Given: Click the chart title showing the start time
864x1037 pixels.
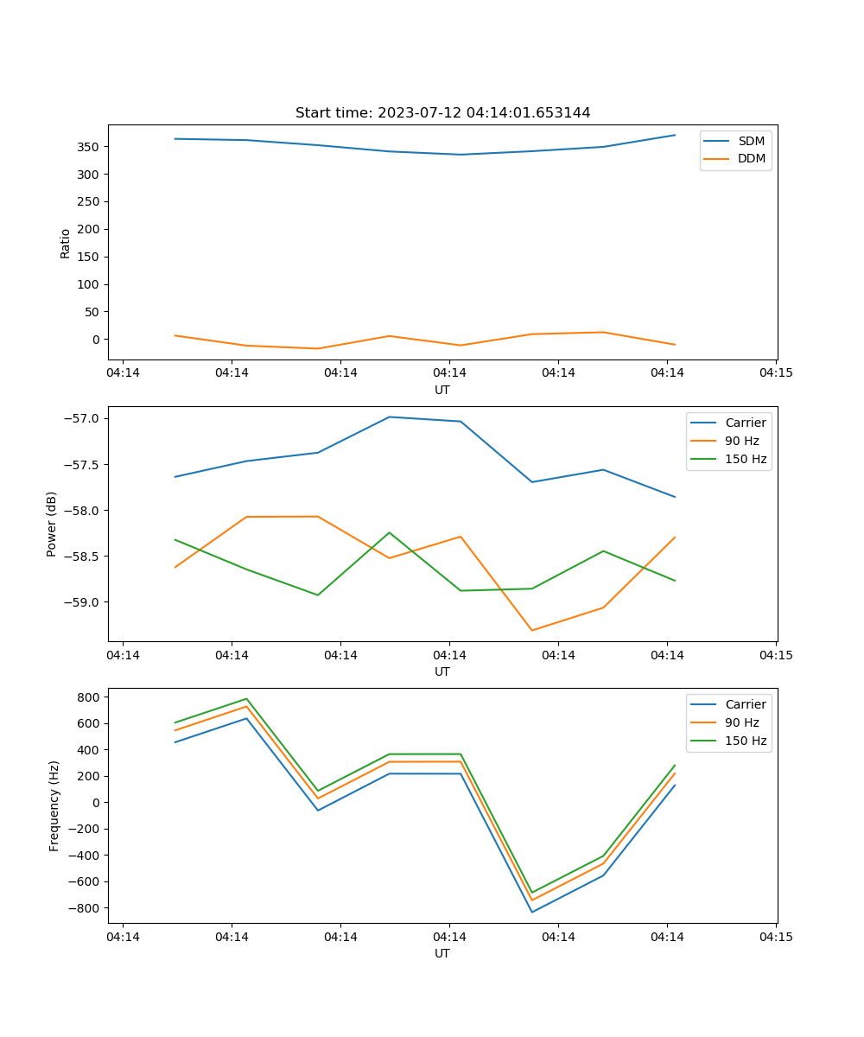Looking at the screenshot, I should click(x=442, y=113).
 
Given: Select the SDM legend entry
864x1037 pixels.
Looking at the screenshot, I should click(x=751, y=141).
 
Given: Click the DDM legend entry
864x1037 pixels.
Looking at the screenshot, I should click(x=751, y=159).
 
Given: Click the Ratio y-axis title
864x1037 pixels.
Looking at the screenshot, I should click(x=66, y=243).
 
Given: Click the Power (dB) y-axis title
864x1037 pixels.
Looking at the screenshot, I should click(x=52, y=524).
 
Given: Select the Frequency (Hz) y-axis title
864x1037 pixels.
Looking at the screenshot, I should click(x=54, y=805).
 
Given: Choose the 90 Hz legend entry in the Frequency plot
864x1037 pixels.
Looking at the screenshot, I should click(x=741, y=722).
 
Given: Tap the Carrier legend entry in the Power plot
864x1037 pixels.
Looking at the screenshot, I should click(x=745, y=423).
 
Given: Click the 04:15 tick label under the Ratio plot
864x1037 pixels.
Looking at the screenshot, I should click(x=775, y=373).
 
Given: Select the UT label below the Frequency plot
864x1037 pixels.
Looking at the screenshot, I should click(x=442, y=953).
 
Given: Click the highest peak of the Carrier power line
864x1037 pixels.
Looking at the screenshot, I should click(x=390, y=417).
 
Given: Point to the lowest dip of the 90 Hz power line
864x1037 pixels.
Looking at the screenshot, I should click(x=532, y=630).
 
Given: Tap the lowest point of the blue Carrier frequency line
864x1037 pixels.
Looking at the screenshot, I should click(x=532, y=912).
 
